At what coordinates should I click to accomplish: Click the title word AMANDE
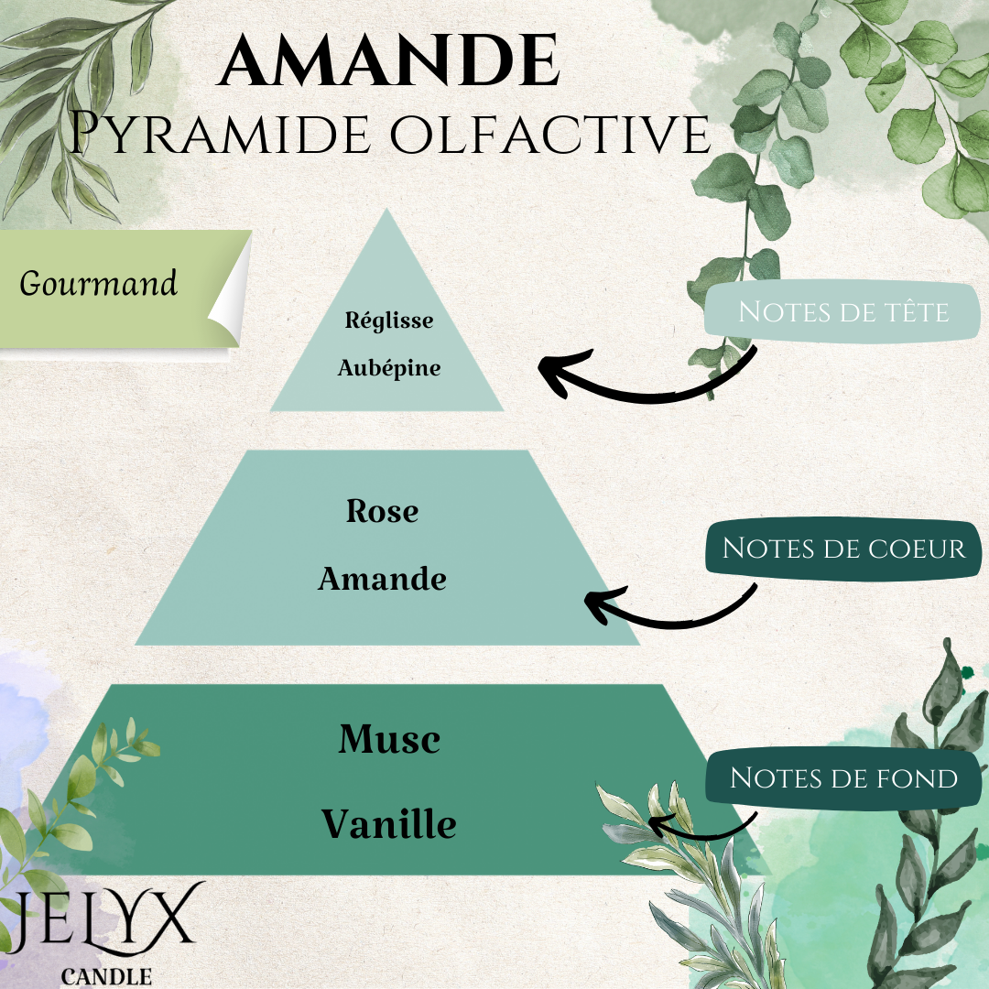(x=389, y=60)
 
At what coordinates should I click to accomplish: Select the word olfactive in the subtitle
(x=550, y=133)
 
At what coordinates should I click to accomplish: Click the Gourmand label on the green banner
(x=98, y=283)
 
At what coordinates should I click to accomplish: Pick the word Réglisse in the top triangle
(x=389, y=321)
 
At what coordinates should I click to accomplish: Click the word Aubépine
(x=389, y=368)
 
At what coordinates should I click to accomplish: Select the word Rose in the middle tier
(x=382, y=511)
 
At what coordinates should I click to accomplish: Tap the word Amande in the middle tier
(x=382, y=579)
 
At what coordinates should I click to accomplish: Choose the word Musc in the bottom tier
(x=390, y=739)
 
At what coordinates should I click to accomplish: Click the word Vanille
(x=389, y=824)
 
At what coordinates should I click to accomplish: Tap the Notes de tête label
(x=843, y=311)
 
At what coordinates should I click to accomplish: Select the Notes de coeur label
(x=843, y=549)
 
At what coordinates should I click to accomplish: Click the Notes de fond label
(x=843, y=777)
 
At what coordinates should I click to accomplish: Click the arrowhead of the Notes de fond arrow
(x=658, y=824)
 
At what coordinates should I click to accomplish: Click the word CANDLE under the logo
(x=106, y=976)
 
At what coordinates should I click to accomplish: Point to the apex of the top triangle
(x=386, y=210)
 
